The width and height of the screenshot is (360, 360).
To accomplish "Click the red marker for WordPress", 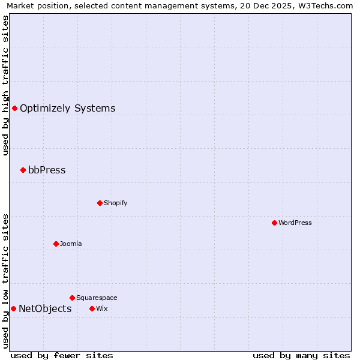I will (x=274, y=223).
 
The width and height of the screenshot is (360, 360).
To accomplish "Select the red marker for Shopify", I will (x=100, y=203).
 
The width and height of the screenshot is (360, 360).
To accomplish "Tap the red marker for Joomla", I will (x=56, y=244).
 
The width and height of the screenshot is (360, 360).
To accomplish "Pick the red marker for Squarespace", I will (x=72, y=298).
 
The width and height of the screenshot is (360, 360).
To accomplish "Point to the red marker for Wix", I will (x=92, y=308).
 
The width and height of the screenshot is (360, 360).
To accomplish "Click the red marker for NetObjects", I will (x=13, y=308).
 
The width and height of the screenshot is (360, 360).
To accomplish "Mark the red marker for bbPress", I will (x=23, y=170).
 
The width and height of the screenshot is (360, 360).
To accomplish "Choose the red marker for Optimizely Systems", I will (x=14, y=108).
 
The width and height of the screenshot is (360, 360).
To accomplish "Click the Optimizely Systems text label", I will (x=67, y=109).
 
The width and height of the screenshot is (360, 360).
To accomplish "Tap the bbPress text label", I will (x=47, y=170).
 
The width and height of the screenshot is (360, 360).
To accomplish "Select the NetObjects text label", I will (x=45, y=309).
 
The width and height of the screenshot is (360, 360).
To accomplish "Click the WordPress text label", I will (x=295, y=223).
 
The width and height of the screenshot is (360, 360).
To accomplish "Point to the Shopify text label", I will (x=115, y=203).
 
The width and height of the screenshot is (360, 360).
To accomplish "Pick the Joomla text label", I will (x=71, y=244).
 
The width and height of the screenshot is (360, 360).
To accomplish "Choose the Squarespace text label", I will (x=97, y=298).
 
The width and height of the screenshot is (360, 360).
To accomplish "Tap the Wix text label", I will (x=101, y=309).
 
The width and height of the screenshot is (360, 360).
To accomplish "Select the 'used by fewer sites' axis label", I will (x=62, y=355).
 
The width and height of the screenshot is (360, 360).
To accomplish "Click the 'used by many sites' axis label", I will (x=301, y=355).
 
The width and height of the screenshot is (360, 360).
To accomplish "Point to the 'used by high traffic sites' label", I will (x=6, y=85).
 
